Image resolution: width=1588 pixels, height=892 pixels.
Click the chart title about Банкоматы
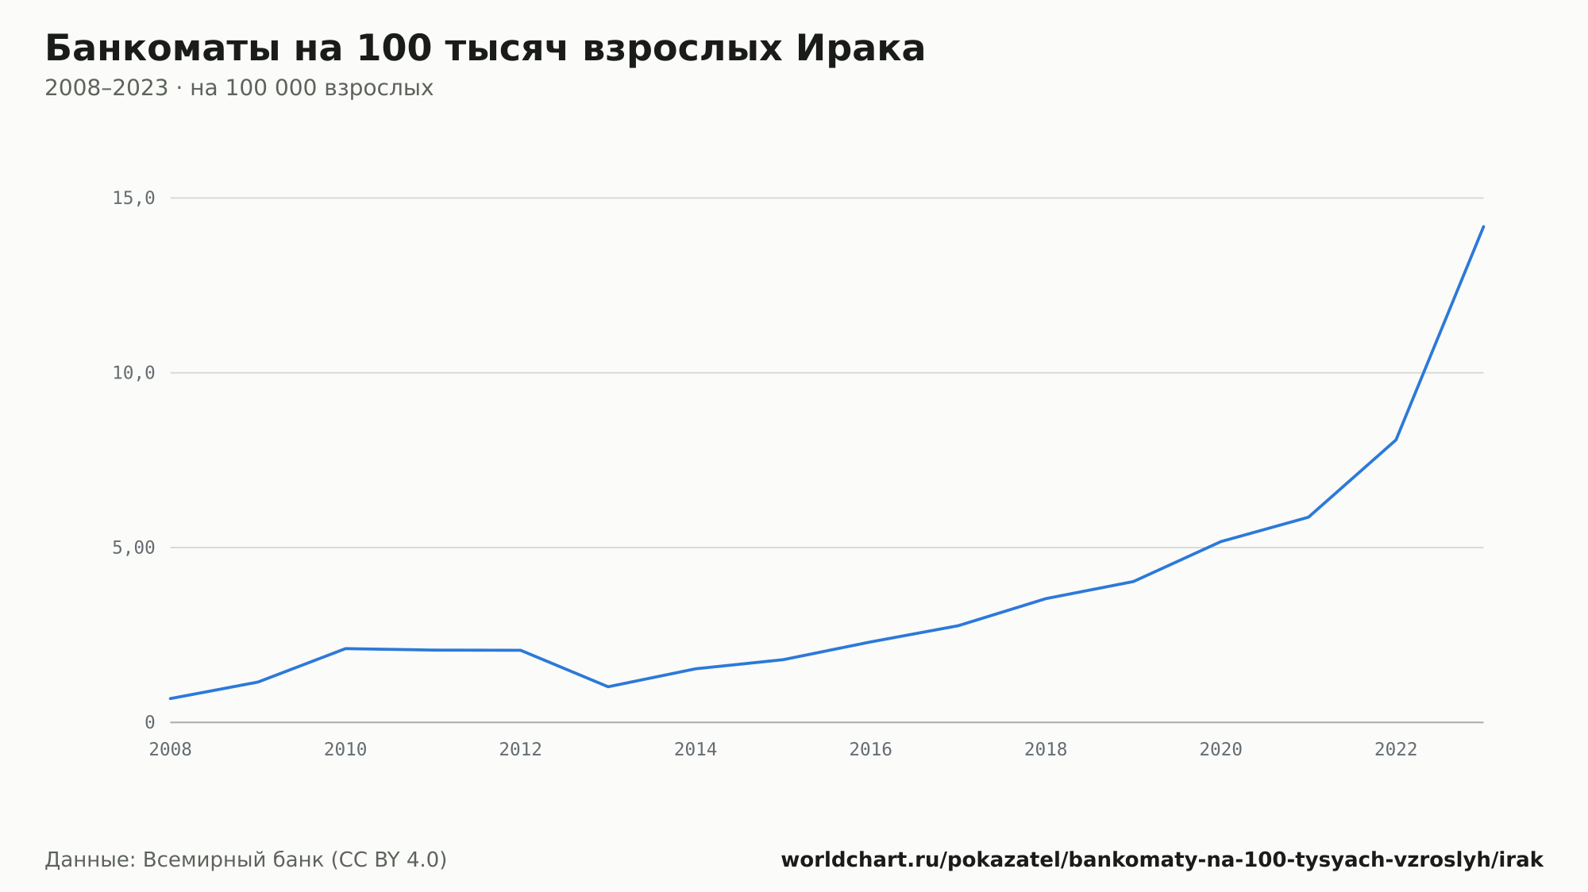(x=485, y=48)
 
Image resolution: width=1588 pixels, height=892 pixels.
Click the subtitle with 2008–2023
(x=239, y=88)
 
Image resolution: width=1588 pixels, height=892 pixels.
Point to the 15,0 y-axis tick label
(x=133, y=198)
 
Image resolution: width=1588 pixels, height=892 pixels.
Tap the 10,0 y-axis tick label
(x=133, y=373)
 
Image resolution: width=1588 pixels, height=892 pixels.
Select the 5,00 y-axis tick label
(x=133, y=548)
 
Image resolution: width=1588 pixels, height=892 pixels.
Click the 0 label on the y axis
(x=149, y=722)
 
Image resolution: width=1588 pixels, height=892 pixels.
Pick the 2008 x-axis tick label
(x=171, y=749)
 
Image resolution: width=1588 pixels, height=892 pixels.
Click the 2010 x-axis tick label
(x=345, y=749)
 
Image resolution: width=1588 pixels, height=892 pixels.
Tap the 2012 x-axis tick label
(x=521, y=749)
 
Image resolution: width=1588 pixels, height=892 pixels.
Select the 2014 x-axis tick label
(x=696, y=749)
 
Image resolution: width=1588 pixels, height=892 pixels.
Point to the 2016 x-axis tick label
(x=871, y=749)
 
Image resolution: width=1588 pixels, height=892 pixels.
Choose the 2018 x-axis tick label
(x=1046, y=749)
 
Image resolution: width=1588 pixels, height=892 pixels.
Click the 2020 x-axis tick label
(x=1221, y=749)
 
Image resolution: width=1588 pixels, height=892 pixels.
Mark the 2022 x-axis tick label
(x=1396, y=749)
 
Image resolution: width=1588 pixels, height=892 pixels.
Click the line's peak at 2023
(x=1483, y=226)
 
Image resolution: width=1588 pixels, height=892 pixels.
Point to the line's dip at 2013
(x=608, y=686)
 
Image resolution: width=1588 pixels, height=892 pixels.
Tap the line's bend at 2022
(x=1396, y=440)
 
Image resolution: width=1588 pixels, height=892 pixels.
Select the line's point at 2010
(x=345, y=648)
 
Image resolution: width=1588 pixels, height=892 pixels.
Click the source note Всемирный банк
(x=246, y=859)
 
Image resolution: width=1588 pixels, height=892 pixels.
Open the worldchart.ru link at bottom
(x=1162, y=859)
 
